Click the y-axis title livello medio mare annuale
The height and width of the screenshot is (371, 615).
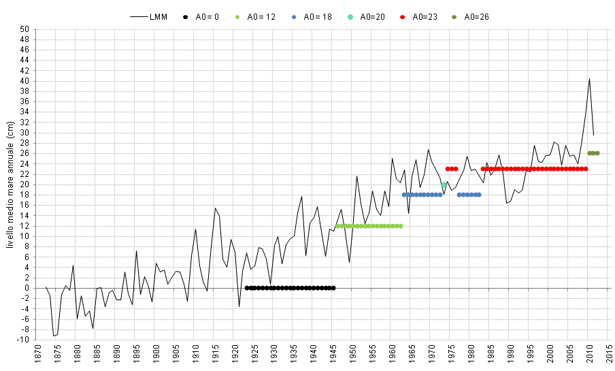tap(10, 184)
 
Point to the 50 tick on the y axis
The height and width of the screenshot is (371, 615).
tap(25, 29)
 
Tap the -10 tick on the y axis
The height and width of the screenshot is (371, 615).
tap(24, 340)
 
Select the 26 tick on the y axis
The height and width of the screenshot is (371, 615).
tap(25, 153)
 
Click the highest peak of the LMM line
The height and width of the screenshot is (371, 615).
tap(589, 79)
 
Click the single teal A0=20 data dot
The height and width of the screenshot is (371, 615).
tap(444, 184)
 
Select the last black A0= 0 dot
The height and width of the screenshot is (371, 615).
tap(333, 288)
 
